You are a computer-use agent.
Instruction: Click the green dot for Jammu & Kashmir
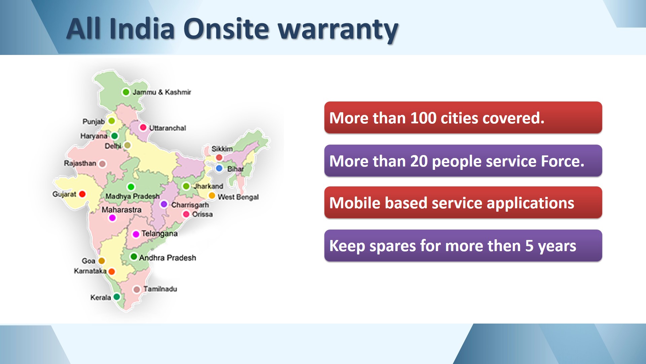tap(126, 92)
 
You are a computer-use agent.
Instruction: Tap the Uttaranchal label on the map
tap(168, 128)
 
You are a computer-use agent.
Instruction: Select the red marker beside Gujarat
tap(82, 194)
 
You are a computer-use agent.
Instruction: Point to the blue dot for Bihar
tap(219, 168)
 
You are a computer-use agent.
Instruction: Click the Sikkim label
tap(222, 149)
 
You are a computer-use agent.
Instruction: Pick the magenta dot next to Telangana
tap(136, 234)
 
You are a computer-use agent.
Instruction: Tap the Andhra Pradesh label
tap(168, 258)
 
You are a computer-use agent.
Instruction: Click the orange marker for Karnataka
tap(112, 272)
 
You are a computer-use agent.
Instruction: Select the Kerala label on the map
tap(101, 298)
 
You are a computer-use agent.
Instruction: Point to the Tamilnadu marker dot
tap(137, 290)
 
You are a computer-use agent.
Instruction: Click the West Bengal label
tap(238, 197)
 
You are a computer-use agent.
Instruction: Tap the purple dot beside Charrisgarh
tap(164, 204)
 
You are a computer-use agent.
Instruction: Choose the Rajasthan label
tap(80, 163)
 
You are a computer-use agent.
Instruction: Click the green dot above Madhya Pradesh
tap(131, 187)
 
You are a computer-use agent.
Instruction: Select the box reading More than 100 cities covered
tap(463, 118)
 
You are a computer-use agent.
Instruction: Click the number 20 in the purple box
tap(419, 161)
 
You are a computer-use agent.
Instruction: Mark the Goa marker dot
tap(102, 261)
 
